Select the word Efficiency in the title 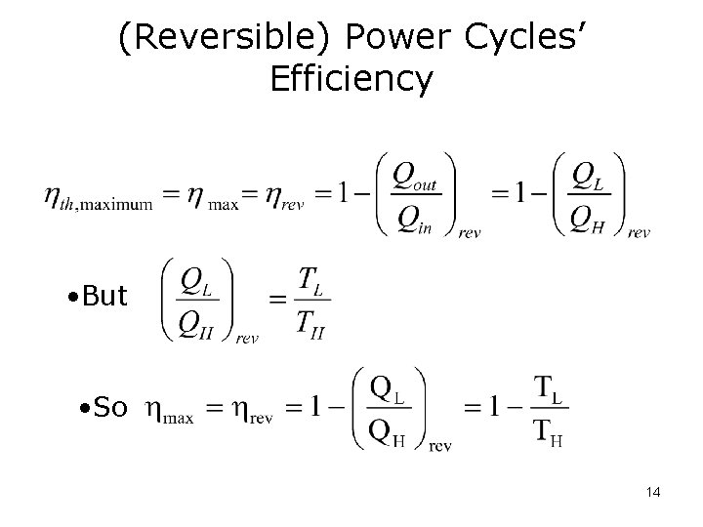[x=351, y=78]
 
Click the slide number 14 [x=653, y=492]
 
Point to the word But [x=105, y=296]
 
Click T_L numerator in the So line [x=549, y=390]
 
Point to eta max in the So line [x=169, y=411]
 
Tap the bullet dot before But [x=74, y=297]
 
